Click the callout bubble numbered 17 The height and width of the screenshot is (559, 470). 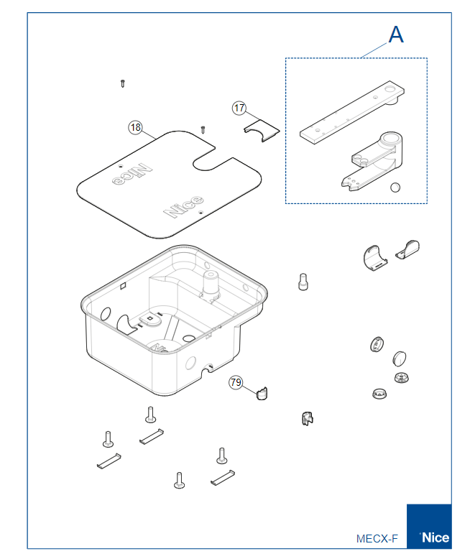[239, 108]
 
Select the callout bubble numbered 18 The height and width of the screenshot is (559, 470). [135, 127]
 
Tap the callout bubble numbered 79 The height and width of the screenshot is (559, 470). [236, 382]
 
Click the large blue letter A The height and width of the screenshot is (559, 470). [396, 34]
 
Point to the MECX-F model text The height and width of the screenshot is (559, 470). [377, 538]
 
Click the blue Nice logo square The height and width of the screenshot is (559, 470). [429, 526]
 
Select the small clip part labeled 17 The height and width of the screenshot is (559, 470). [262, 131]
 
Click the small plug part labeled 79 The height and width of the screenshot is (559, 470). [262, 393]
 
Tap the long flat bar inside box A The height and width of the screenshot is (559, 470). [352, 112]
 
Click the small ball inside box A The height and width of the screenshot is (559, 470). [395, 187]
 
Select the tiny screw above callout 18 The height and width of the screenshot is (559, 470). [123, 83]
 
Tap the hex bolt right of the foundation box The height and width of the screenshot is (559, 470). [303, 282]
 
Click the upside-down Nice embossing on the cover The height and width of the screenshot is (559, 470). [132, 174]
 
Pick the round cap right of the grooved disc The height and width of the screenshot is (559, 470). [400, 359]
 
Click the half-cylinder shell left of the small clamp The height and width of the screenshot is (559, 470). [374, 258]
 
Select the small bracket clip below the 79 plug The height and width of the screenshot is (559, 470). [307, 419]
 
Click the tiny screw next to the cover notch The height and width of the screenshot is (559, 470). [203, 129]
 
